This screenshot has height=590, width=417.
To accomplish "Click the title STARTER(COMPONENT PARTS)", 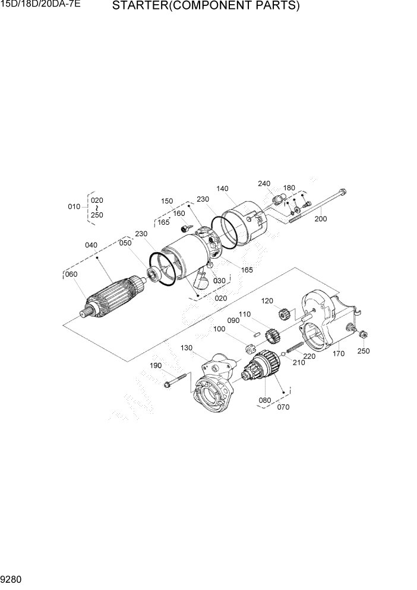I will coord(206,7).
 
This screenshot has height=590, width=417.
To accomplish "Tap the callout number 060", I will coord(71,274).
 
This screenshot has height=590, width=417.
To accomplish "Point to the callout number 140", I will coord(222,189).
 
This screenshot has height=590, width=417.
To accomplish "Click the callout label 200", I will coord(320,219).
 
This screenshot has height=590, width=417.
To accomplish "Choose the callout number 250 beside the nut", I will coord(363,351).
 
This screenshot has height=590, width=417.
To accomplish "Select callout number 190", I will coord(156,365).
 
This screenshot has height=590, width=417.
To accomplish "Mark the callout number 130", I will coord(187,348).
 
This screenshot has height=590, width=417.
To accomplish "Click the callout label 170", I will coord(339,353).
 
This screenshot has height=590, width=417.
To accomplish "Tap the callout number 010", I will coord(74,206).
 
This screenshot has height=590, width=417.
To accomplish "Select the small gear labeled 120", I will coord(283,313).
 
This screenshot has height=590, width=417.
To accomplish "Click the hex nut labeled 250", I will coord(362,335).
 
